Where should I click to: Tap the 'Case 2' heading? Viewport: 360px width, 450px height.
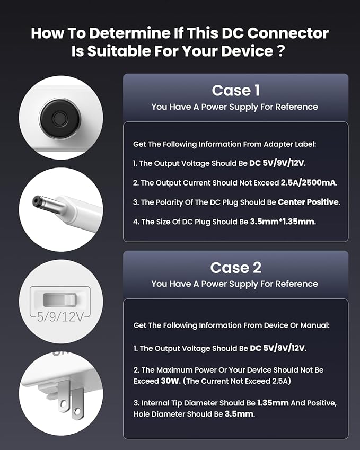(x=235, y=267)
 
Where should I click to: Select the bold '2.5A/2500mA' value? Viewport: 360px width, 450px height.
(x=309, y=183)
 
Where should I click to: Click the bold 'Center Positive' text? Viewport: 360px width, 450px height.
(x=309, y=202)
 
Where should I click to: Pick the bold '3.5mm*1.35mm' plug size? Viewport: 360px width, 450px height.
(x=283, y=222)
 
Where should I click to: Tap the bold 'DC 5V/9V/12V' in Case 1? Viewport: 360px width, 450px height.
(x=277, y=163)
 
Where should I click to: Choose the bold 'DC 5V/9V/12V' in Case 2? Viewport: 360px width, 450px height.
(x=277, y=348)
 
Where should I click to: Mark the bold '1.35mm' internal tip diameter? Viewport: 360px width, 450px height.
(x=273, y=403)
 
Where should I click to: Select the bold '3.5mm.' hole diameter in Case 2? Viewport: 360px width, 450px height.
(x=239, y=413)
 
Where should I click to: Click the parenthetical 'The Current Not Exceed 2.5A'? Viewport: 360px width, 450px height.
(x=235, y=381)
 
